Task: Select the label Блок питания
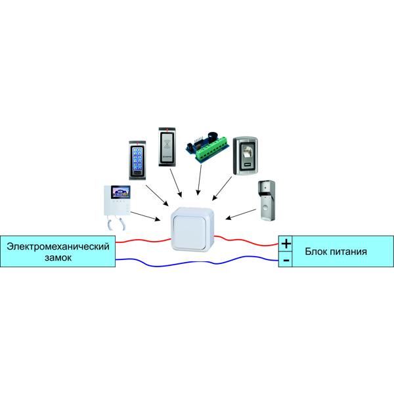pyautogui.click(x=335, y=252)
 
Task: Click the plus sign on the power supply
pyautogui.click(x=286, y=244)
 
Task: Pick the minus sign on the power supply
pyautogui.click(x=286, y=261)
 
